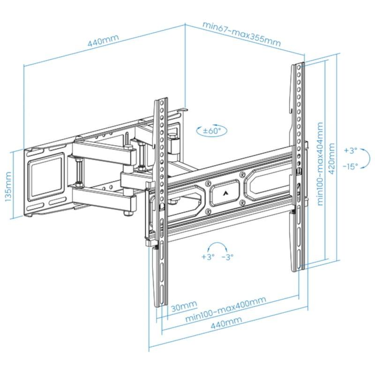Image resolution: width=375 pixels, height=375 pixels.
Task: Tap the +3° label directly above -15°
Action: (350, 151)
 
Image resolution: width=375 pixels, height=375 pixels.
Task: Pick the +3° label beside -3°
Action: (208, 257)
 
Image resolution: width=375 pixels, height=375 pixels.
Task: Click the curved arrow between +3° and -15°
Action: (367, 158)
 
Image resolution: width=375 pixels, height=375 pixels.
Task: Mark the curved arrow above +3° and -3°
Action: (217, 247)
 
